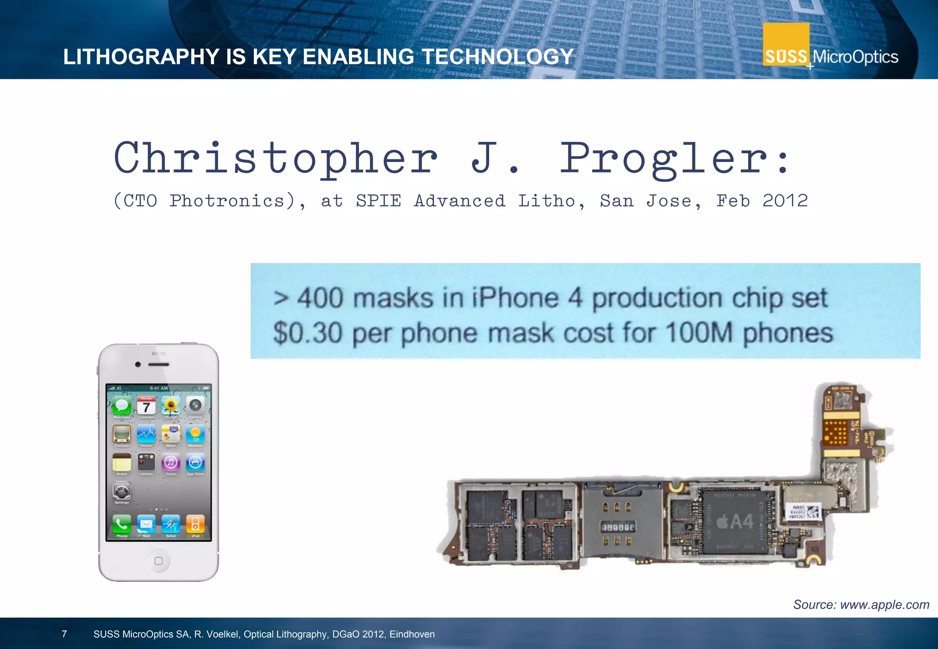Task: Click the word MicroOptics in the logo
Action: point(855,57)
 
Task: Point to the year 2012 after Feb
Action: point(785,201)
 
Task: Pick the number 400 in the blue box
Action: point(320,298)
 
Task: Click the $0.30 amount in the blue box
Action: point(308,333)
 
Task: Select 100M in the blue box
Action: point(699,333)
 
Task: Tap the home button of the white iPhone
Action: point(158,561)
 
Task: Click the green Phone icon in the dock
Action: point(122,524)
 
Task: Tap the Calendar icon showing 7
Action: point(146,406)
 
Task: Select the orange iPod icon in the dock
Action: point(195,524)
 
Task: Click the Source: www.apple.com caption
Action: point(861,605)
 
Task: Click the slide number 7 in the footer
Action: point(65,634)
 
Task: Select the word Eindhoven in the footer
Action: point(412,634)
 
